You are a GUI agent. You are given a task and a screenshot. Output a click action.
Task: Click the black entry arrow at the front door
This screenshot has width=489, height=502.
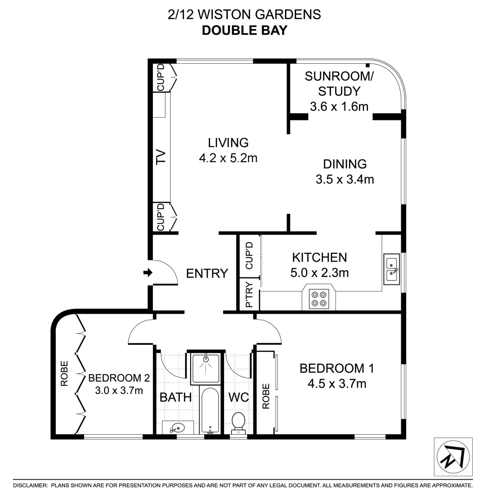(148, 273)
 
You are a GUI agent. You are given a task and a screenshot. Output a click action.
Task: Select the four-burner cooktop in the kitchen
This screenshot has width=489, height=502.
(318, 298)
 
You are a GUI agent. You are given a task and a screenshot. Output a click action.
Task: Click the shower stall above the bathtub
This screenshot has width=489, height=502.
(205, 367)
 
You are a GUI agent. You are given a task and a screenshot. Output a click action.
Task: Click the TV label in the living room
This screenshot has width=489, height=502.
(161, 158)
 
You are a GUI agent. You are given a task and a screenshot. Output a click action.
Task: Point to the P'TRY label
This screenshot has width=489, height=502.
(249, 295)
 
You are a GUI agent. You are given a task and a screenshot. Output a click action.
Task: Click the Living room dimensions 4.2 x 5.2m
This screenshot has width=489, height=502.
(228, 158)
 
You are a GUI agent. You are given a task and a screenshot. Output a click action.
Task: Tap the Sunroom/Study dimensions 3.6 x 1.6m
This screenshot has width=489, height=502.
(339, 107)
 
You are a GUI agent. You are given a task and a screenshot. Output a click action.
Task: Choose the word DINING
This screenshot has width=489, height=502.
(345, 164)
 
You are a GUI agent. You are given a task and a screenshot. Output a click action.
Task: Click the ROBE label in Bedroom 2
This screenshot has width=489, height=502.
(64, 374)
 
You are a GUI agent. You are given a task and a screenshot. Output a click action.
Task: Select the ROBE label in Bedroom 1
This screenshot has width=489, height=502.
(266, 396)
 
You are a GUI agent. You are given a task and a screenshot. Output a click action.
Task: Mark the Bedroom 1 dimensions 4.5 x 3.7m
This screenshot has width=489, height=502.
(337, 383)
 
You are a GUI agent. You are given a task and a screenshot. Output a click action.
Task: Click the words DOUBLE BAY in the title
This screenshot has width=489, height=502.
(244, 30)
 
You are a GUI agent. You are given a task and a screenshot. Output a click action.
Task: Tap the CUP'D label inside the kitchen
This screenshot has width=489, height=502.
(249, 256)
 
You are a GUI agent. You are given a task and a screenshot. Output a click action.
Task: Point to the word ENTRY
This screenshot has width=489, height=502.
(207, 273)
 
